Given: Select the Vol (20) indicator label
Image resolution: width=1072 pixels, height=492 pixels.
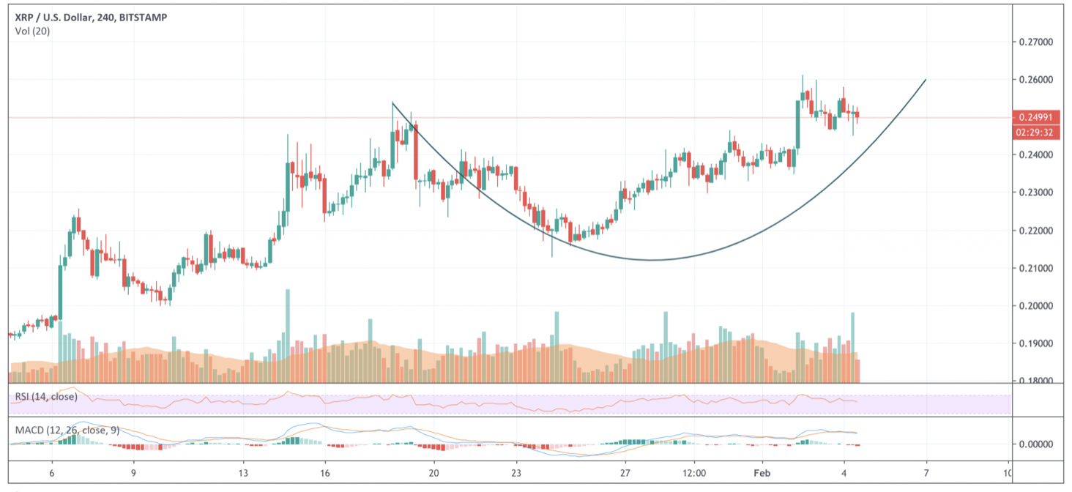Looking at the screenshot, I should pyautogui.click(x=32, y=31).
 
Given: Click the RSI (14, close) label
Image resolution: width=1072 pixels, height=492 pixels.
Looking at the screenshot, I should pyautogui.click(x=46, y=397).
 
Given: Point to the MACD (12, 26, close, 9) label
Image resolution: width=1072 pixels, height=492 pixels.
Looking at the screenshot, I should pyautogui.click(x=68, y=429).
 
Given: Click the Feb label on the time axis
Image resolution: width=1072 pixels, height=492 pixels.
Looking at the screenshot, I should pyautogui.click(x=762, y=472).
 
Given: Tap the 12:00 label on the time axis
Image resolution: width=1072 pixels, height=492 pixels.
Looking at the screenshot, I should pyautogui.click(x=693, y=472).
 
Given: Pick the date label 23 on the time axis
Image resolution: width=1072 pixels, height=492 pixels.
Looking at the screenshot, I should pyautogui.click(x=516, y=472).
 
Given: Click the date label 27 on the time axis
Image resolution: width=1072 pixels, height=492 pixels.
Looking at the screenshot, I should pyautogui.click(x=625, y=472).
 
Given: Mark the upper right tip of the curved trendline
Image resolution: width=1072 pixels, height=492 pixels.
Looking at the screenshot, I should pyautogui.click(x=926, y=80).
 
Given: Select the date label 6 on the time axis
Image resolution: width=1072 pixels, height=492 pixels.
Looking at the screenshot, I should pyautogui.click(x=51, y=472).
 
